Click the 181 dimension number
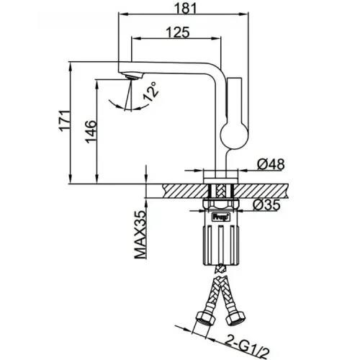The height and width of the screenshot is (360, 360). click(x=185, y=8)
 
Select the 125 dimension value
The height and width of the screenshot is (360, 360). click(x=178, y=32)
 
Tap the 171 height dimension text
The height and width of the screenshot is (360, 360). click(x=64, y=121)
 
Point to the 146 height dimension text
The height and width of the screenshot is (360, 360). click(x=91, y=132)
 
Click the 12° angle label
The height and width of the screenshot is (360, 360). click(x=150, y=91)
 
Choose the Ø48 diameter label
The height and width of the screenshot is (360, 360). click(x=271, y=164)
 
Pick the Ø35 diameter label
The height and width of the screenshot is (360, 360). click(x=266, y=204)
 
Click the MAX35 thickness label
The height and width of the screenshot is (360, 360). click(x=140, y=235)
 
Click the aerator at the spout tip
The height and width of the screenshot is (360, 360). click(x=132, y=76)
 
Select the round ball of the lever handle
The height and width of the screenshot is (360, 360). click(x=234, y=135)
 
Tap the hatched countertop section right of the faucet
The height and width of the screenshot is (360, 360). click(x=261, y=191)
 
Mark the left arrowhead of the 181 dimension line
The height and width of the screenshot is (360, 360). click(x=123, y=14)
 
